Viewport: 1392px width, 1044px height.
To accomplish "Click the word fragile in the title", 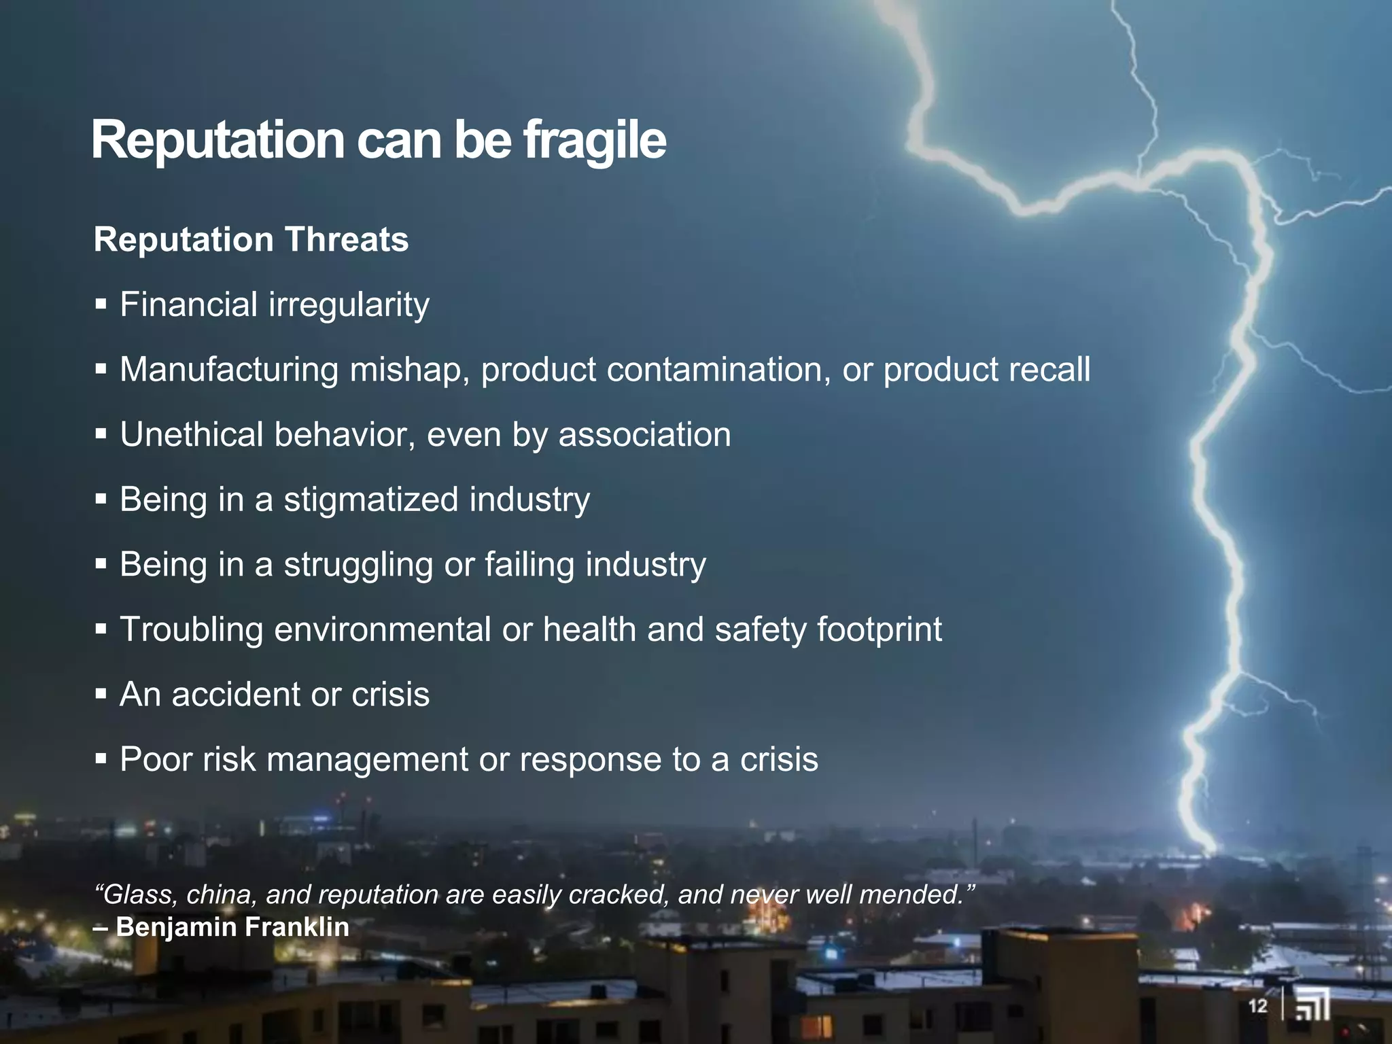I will [594, 141].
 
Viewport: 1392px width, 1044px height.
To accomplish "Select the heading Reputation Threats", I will [251, 240].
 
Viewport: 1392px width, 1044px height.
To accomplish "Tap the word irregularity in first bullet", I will [349, 304].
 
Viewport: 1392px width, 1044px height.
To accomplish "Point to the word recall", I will [1049, 370].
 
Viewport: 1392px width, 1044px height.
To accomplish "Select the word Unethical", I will [191, 435].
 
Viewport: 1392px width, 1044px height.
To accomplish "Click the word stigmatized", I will [370, 500].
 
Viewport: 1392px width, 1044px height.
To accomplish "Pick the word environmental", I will [383, 629].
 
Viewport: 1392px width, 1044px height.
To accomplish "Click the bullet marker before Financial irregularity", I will [101, 304].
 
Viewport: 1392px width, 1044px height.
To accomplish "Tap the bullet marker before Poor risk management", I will [101, 759].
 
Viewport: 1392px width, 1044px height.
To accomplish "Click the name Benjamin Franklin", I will [232, 927].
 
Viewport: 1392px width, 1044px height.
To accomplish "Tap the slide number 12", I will [1257, 1006].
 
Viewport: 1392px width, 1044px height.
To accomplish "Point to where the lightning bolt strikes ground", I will [1209, 848].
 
